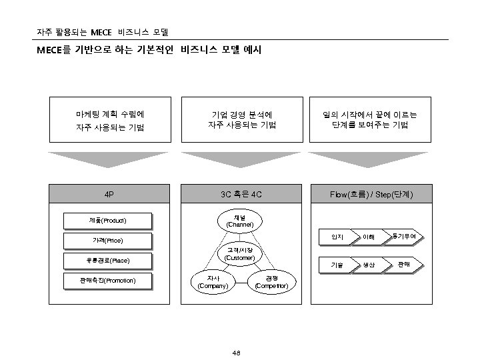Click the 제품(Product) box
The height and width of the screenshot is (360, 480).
coord(107,220)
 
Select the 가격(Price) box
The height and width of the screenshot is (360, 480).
coord(107,240)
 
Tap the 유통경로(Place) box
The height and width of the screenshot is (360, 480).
coord(107,260)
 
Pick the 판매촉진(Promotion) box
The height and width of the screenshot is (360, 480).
coord(107,280)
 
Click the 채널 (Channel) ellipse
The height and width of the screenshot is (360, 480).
coord(239,221)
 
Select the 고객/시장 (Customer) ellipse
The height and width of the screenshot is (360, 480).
coord(239,254)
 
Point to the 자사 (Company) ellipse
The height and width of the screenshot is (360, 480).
coord(213,282)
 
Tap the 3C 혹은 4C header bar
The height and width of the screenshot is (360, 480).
coord(239,195)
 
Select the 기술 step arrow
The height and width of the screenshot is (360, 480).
coord(338,265)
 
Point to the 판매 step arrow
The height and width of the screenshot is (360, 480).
coord(404,265)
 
